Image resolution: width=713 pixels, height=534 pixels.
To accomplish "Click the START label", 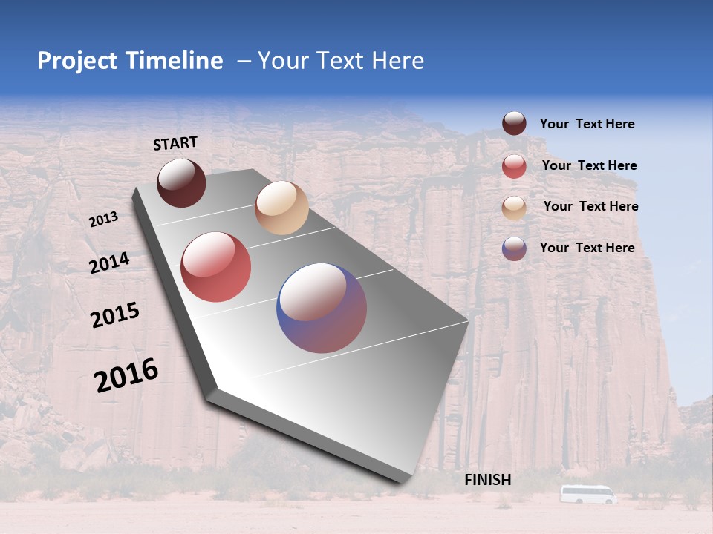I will pyautogui.click(x=175, y=143).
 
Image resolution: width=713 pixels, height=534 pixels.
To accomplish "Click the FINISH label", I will pyautogui.click(x=488, y=480).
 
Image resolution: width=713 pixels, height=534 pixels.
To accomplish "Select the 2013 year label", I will pyautogui.click(x=103, y=220).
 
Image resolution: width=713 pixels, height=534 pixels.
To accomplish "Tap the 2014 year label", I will pyautogui.click(x=109, y=263).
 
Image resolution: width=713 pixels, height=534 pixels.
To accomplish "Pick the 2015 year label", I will pyautogui.click(x=115, y=316).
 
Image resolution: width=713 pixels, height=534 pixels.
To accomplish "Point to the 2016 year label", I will pyautogui.click(x=126, y=375).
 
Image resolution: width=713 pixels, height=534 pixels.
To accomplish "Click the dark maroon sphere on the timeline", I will pyautogui.click(x=181, y=183).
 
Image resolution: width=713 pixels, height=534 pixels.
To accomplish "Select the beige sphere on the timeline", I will pyautogui.click(x=281, y=208).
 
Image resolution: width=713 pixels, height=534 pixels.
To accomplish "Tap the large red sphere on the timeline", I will pyautogui.click(x=216, y=267).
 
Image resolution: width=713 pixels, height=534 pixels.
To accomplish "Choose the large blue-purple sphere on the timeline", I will pyautogui.click(x=322, y=308).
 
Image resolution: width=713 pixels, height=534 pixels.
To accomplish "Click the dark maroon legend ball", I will pyautogui.click(x=514, y=124).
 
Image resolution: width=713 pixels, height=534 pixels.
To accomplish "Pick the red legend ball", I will pyautogui.click(x=514, y=166).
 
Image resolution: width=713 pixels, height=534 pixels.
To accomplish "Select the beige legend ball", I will pyautogui.click(x=514, y=207).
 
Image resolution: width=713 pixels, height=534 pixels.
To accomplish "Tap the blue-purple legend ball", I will pyautogui.click(x=514, y=248).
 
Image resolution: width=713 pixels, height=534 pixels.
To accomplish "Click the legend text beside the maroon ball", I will pyautogui.click(x=587, y=124).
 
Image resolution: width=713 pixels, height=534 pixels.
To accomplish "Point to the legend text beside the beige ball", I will pyautogui.click(x=590, y=206).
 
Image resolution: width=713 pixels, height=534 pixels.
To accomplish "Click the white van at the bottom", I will pyautogui.click(x=587, y=494).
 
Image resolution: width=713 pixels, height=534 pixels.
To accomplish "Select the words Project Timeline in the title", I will pyautogui.click(x=130, y=61).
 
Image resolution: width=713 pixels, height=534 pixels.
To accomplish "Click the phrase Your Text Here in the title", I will pyautogui.click(x=341, y=61).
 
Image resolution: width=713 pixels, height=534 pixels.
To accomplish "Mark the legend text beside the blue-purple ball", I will pyautogui.click(x=587, y=248).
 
